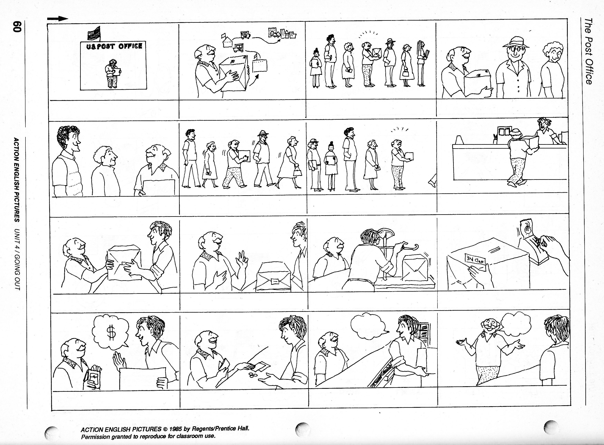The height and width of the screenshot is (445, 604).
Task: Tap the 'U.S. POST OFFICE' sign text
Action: tap(114, 47)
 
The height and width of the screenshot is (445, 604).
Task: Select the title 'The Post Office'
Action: tap(589, 51)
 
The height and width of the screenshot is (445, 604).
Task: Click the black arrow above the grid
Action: tap(58, 19)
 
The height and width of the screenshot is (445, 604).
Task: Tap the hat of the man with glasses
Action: tap(516, 43)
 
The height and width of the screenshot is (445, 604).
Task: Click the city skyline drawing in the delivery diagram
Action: tap(282, 34)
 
